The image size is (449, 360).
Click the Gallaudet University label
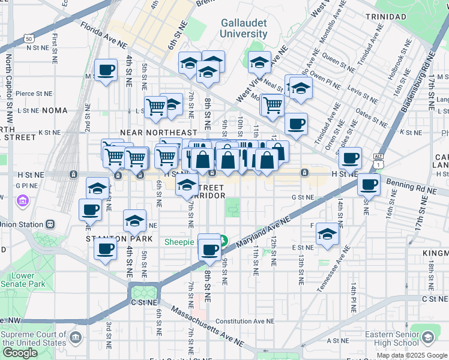(243, 28)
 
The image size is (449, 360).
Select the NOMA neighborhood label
(55, 110)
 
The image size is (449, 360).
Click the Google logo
(20, 353)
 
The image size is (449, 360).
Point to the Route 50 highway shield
(29, 39)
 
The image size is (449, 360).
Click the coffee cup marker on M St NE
(106, 70)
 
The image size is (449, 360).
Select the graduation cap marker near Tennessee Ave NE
(328, 235)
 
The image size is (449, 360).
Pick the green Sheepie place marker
(223, 241)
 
